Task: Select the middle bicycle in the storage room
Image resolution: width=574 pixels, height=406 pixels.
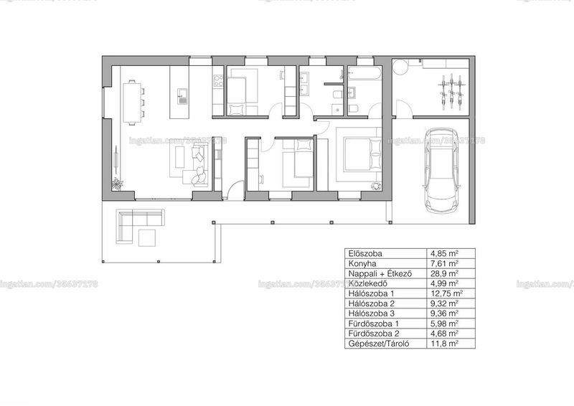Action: (x=452, y=92)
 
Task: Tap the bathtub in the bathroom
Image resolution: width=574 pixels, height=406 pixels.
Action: (x=364, y=73)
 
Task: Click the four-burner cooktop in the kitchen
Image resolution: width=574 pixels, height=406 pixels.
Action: (x=219, y=81)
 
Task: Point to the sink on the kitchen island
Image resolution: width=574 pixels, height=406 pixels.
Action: (x=182, y=96)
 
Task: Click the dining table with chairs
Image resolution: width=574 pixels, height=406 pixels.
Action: (x=132, y=103)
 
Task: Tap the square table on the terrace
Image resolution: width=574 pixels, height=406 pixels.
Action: (x=147, y=237)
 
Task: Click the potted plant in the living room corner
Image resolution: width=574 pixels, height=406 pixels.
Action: (x=117, y=183)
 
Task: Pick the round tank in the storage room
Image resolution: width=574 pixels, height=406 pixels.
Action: (x=400, y=67)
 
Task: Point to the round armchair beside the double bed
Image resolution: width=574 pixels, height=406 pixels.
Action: (x=376, y=186)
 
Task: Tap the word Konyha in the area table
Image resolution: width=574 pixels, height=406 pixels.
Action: (x=362, y=263)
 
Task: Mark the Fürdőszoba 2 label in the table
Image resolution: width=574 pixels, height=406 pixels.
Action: (x=374, y=334)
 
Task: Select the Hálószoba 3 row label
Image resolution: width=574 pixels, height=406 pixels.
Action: (x=372, y=313)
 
